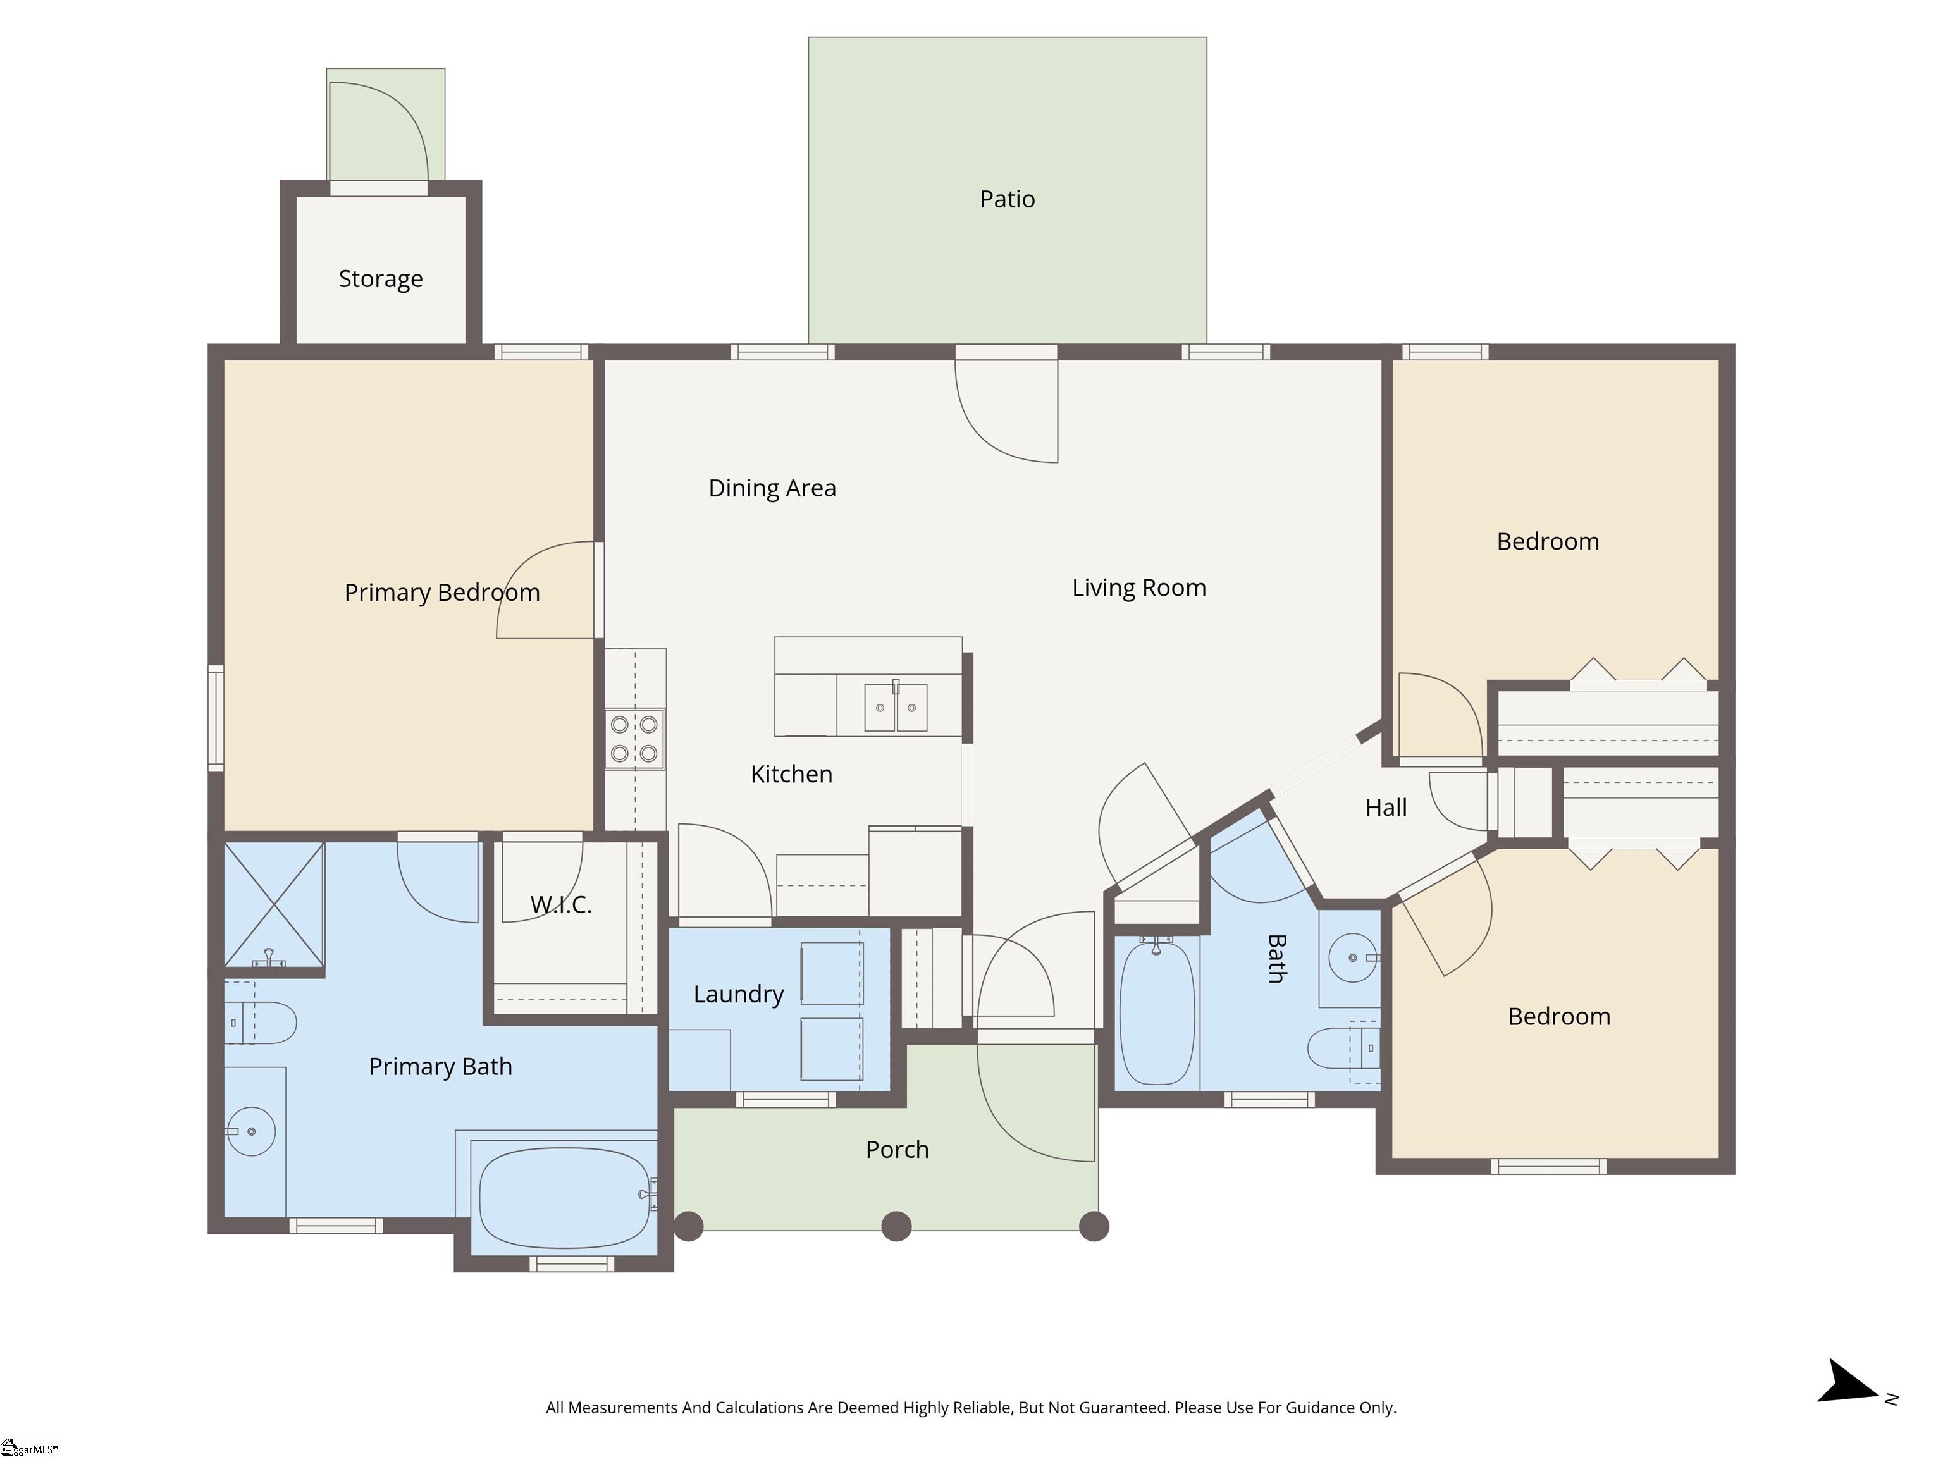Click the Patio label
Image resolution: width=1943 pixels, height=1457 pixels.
pos(1007,199)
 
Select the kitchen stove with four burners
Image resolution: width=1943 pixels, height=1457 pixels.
pos(634,739)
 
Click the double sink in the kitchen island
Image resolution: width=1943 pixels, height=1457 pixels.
pos(895,708)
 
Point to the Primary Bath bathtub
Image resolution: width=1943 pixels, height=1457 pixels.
pos(565,1198)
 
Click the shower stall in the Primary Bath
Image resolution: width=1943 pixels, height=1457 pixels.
pos(273,904)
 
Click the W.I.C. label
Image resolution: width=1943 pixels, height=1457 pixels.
pos(560,904)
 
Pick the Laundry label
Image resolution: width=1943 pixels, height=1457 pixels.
pos(738,994)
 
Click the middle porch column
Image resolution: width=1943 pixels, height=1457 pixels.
pos(896,1226)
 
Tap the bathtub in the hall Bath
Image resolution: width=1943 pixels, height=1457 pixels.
pos(1157,1012)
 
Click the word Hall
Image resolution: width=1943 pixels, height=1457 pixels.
pos(1385,808)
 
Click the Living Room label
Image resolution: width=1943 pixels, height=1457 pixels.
pos(1138,587)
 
